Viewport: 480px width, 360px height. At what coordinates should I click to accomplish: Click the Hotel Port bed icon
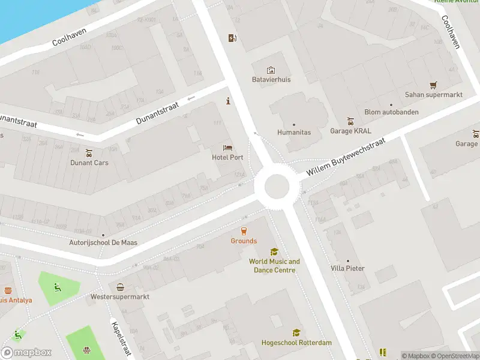pos(228,148)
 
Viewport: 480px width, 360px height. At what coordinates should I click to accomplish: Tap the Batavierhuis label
pos(271,79)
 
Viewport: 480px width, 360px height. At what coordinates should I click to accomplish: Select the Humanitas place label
pos(294,132)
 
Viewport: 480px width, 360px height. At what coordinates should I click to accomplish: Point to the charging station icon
pos(232,38)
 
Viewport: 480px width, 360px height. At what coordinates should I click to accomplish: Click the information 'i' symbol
pos(228,101)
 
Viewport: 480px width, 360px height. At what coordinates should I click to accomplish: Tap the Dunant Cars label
pos(89,163)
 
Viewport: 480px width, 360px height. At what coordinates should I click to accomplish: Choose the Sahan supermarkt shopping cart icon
pos(433,85)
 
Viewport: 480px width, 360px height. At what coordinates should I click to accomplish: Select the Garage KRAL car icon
pos(351,121)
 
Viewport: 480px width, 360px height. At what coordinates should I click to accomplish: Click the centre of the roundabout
pos(277,187)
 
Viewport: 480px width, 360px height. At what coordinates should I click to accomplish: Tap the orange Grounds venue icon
pos(244,230)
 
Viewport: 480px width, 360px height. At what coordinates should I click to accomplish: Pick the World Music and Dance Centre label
pos(274,266)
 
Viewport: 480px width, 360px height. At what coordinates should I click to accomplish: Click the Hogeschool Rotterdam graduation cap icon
pos(296,332)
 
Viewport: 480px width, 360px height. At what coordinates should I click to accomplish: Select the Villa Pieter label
pos(347,268)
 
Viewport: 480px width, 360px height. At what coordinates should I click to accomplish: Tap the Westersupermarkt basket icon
pos(120,287)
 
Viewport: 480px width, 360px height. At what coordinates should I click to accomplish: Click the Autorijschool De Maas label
pos(103,242)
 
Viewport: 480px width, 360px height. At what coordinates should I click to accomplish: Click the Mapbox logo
pos(26,352)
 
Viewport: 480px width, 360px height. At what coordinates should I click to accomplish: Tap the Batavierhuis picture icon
pos(271,70)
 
